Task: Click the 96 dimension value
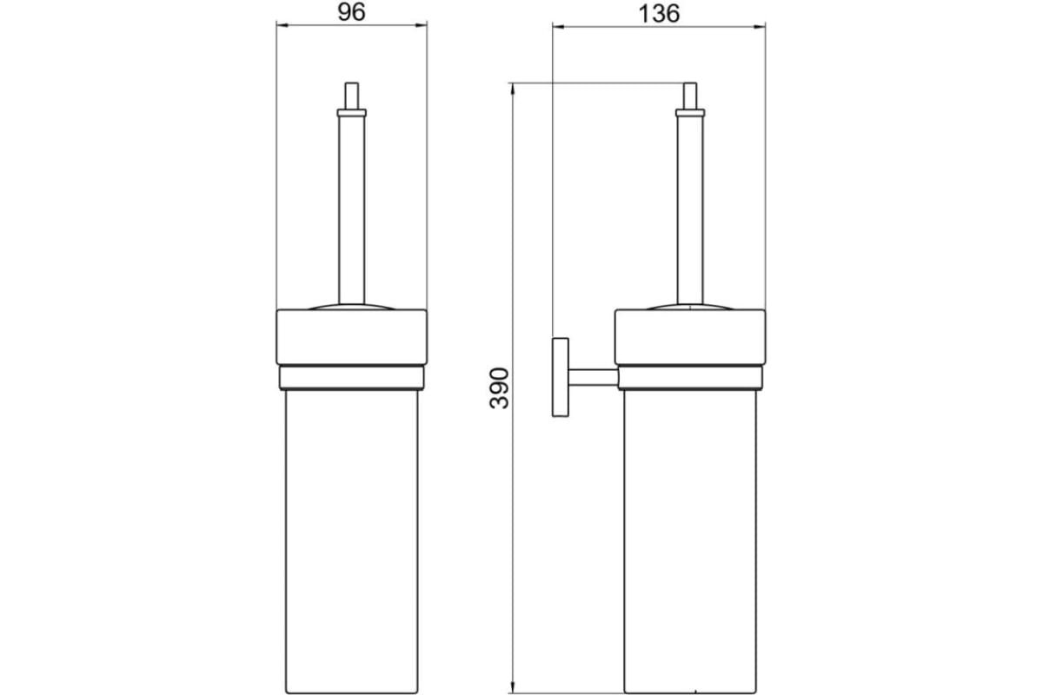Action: (x=351, y=12)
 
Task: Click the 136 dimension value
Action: (x=659, y=14)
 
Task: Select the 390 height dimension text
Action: (x=499, y=388)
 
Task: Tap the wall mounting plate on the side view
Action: (x=560, y=377)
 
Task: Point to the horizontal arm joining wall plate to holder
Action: (x=593, y=377)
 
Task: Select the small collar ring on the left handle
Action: (x=351, y=113)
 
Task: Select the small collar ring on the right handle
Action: (x=690, y=113)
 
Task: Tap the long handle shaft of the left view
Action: (x=351, y=210)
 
